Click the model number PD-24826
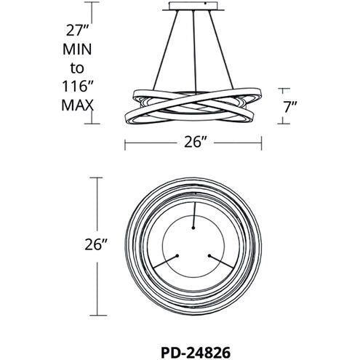pyautogui.click(x=196, y=353)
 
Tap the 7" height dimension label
pyautogui.click(x=290, y=107)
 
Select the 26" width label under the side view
pyautogui.click(x=195, y=142)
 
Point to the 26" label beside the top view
pyautogui.click(x=96, y=244)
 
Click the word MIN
pyautogui.click(x=77, y=49)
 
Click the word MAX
pyautogui.click(x=77, y=105)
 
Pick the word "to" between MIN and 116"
pyautogui.click(x=77, y=68)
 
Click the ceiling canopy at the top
pyautogui.click(x=193, y=7)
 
